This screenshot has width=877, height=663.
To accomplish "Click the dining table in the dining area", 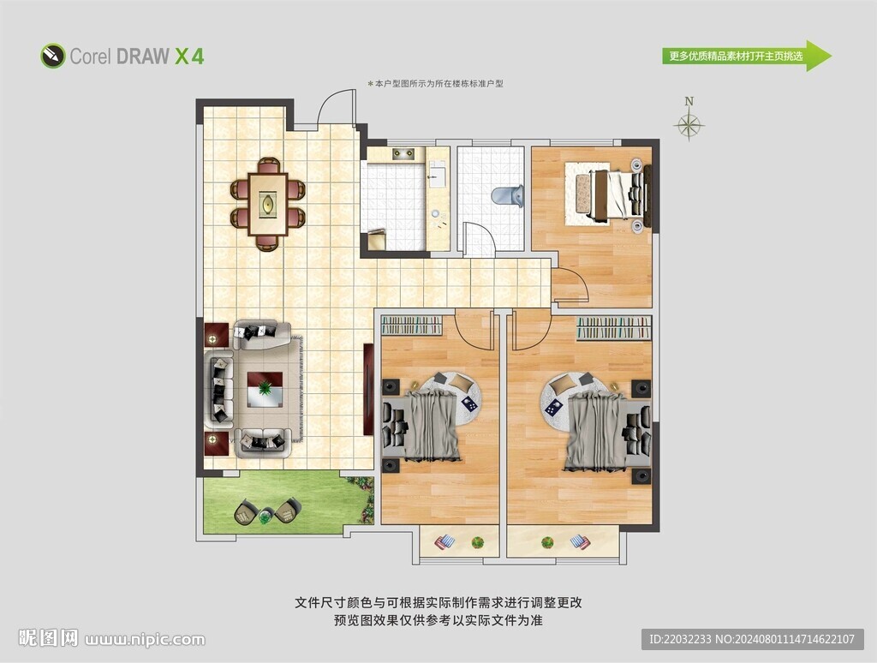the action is click(268, 204).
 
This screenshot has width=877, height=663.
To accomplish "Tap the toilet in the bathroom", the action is click(508, 196).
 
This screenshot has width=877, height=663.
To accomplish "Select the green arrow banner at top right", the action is click(747, 56).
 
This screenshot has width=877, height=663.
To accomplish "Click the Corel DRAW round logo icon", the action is click(53, 56).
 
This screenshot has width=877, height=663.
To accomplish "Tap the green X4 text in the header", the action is click(189, 57).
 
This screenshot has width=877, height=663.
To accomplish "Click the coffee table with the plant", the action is click(265, 390).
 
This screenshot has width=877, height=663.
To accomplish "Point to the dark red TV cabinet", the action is click(368, 390).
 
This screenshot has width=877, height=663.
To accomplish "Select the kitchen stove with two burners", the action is click(405, 154).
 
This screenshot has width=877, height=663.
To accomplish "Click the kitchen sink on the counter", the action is click(437, 173).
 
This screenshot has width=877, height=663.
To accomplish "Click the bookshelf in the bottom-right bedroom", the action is click(614, 328).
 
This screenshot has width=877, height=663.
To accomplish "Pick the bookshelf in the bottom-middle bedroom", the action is click(412, 325).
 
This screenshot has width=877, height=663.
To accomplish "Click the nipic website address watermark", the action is click(145, 639).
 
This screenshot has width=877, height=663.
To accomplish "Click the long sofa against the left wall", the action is click(221, 390).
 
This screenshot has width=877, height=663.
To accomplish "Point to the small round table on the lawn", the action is click(266, 516).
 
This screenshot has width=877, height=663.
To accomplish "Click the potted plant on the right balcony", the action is click(547, 542).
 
